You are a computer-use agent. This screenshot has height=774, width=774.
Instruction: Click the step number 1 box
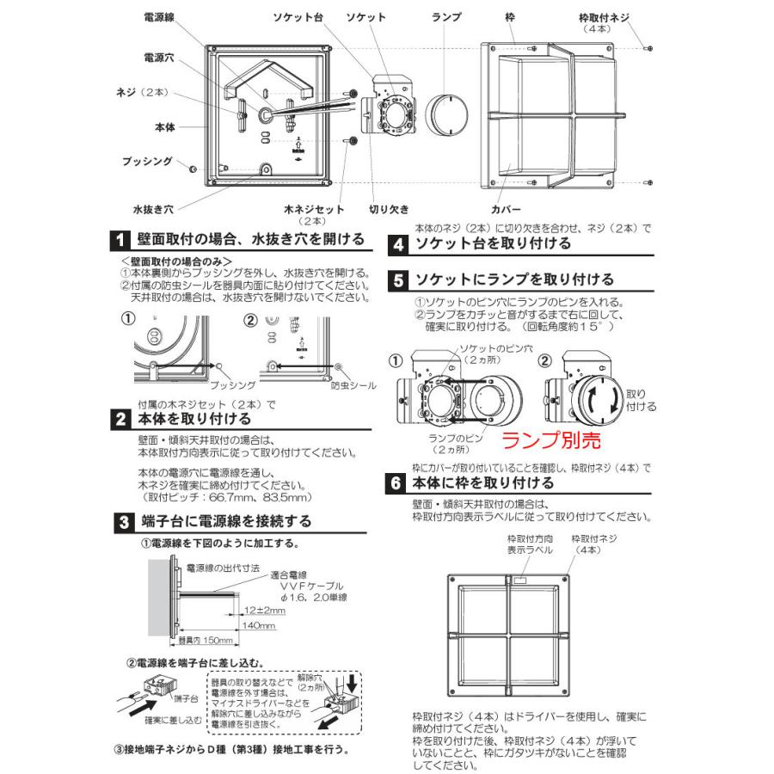tap(121, 239)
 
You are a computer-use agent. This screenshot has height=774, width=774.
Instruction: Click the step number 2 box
tap(121, 420)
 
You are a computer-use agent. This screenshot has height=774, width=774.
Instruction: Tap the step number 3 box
tap(121, 521)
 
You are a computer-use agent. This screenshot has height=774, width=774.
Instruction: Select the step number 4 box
tap(396, 243)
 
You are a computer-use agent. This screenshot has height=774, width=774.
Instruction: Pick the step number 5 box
tap(396, 279)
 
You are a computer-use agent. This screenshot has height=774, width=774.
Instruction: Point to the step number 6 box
tap(396, 482)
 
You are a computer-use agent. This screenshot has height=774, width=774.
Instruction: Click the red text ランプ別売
tap(550, 439)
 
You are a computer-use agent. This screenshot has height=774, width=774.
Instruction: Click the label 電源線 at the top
tap(159, 16)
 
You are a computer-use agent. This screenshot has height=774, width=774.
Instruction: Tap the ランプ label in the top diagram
tap(447, 16)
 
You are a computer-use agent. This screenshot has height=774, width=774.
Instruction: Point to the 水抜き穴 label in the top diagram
tap(154, 209)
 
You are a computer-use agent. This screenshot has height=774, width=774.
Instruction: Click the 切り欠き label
tap(389, 209)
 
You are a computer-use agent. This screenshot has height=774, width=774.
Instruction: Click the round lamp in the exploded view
tap(445, 115)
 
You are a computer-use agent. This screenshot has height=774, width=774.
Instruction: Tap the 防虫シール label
tap(353, 386)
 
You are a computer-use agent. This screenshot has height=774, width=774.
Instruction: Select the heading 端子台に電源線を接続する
tap(225, 521)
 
